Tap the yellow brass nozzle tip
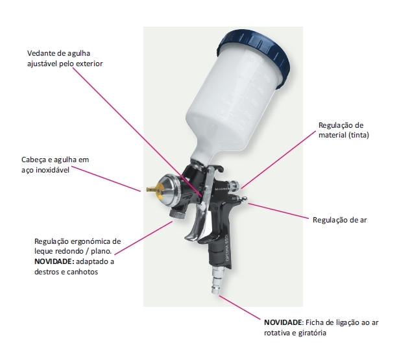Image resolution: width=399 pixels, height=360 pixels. click(151, 189)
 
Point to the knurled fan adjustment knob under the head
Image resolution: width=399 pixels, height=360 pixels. click(178, 214)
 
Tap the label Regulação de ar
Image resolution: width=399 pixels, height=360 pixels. click(340, 220)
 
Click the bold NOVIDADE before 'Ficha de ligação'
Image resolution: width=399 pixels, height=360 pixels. click(283, 322)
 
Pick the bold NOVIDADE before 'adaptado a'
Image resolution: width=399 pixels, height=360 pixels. click(53, 261)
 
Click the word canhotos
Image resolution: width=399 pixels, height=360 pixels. click(82, 272)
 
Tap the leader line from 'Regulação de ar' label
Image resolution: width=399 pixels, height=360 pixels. click(278, 211)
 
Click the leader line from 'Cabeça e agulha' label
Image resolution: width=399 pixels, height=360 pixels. click(106, 179)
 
